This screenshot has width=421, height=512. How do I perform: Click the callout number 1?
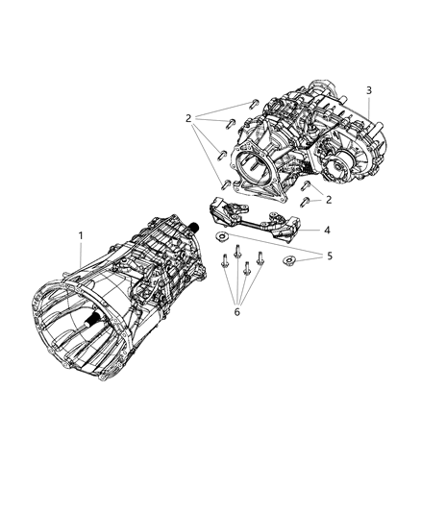(x=81, y=235)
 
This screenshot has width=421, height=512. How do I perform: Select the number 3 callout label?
(x=369, y=90)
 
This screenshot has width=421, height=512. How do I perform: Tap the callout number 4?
(x=327, y=231)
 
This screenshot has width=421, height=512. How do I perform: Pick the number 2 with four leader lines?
(x=189, y=118)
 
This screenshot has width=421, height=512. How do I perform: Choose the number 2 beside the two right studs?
(x=328, y=199)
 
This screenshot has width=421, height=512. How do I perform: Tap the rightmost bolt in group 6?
(x=260, y=257)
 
